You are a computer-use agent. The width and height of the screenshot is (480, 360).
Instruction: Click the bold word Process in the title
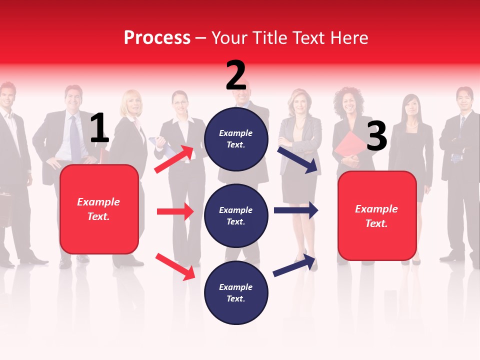click(x=157, y=38)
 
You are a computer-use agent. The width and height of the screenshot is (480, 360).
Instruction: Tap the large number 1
click(x=99, y=128)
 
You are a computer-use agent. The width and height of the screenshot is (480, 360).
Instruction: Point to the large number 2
click(x=236, y=75)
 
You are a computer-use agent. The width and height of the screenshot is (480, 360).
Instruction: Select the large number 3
click(x=376, y=136)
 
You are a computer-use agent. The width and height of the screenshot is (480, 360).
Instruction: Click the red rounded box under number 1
click(x=99, y=209)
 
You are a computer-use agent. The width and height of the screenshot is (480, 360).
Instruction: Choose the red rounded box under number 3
click(x=377, y=215)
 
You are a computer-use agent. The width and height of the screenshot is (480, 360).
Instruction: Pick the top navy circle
click(x=236, y=139)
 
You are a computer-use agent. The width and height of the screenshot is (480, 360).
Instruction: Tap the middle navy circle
click(x=236, y=215)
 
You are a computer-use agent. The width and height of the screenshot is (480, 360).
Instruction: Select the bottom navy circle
click(x=236, y=292)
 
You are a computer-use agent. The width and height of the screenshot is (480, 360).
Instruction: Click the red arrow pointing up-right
click(x=174, y=159)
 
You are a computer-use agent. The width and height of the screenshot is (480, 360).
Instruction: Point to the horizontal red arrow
click(x=175, y=211)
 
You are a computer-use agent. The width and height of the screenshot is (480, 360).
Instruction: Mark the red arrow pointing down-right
click(x=175, y=266)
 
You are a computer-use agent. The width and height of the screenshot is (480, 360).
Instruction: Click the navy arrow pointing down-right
click(x=298, y=159)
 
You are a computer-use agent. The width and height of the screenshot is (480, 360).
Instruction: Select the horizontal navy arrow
click(x=296, y=210)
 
